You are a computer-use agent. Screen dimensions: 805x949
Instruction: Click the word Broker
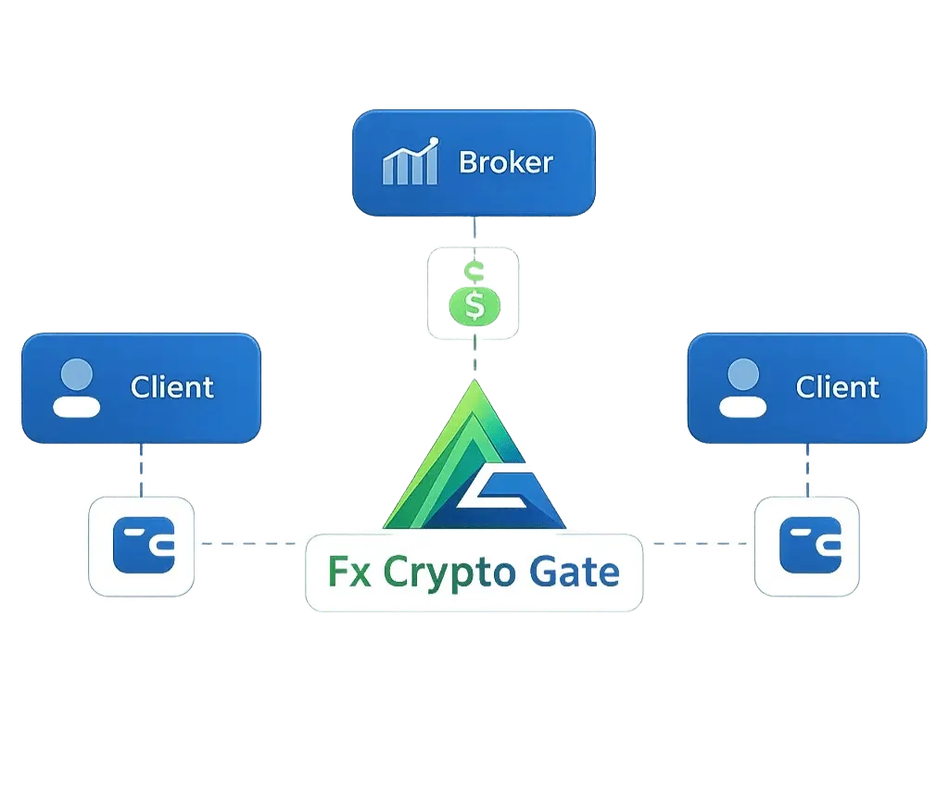(x=506, y=163)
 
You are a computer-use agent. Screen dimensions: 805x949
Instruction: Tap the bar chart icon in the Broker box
(x=410, y=163)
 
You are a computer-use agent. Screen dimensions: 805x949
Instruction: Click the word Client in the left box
(x=172, y=386)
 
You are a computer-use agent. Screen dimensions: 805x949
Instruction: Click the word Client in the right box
(x=837, y=386)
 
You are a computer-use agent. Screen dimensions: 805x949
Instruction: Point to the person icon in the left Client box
(x=76, y=388)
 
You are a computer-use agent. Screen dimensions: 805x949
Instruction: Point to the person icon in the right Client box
(x=741, y=388)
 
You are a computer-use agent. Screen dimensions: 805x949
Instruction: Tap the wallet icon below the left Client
(x=142, y=545)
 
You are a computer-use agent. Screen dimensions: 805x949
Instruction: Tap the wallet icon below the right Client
(x=807, y=545)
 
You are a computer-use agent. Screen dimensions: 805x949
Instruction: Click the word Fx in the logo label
(x=345, y=572)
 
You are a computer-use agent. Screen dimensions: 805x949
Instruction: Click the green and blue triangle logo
(x=473, y=463)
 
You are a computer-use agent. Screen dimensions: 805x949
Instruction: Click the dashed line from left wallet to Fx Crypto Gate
(x=250, y=545)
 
